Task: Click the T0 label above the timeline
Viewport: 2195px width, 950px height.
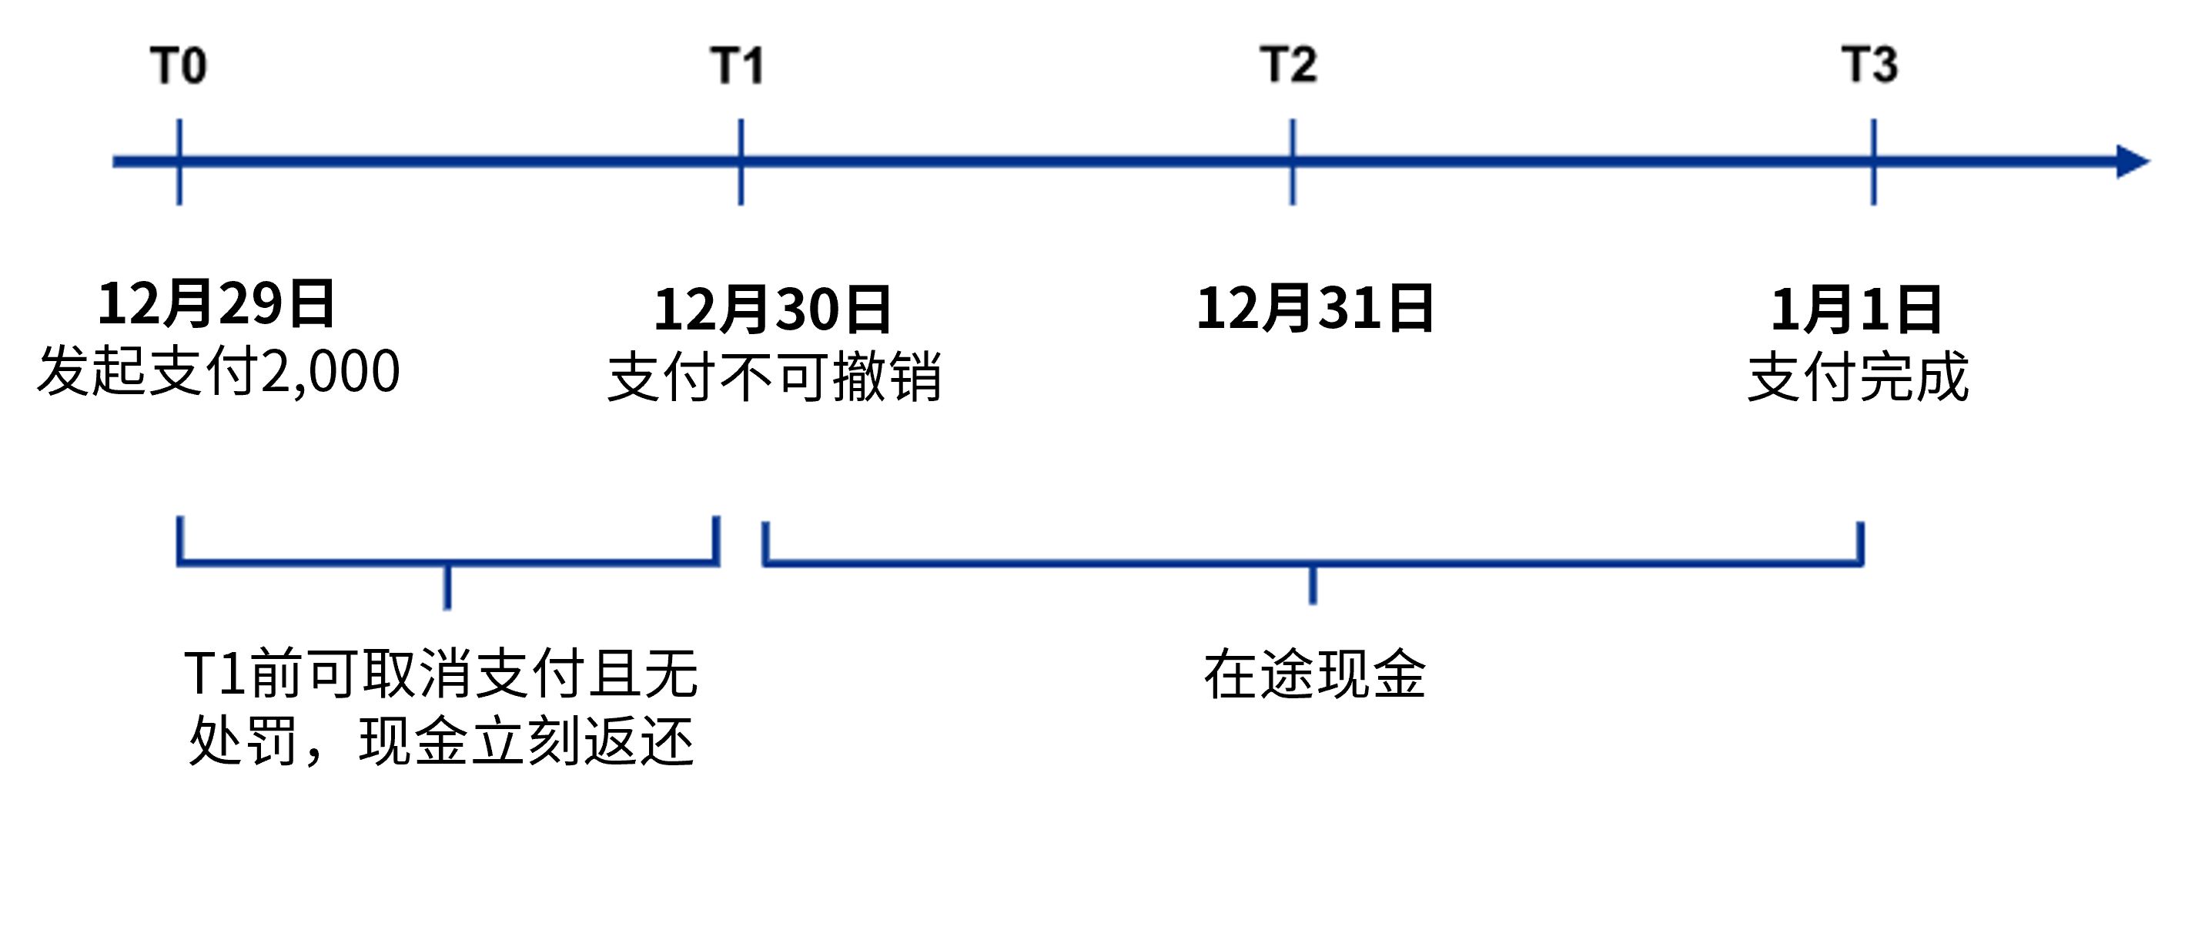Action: click(179, 65)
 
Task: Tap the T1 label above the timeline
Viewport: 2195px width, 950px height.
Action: click(738, 65)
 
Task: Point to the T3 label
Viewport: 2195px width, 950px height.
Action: click(1870, 65)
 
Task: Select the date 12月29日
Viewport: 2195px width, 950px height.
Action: click(216, 304)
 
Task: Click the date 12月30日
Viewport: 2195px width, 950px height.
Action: click(772, 309)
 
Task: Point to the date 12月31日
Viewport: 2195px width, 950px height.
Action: click(1315, 309)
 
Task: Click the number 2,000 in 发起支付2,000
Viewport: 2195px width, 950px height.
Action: click(330, 373)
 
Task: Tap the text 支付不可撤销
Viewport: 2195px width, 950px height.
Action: click(775, 376)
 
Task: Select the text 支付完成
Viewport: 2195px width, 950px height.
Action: click(1859, 376)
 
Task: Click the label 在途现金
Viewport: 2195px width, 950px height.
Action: click(1315, 675)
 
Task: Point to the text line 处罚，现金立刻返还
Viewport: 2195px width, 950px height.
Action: click(441, 741)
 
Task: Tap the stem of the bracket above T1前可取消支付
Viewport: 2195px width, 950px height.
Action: click(447, 587)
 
